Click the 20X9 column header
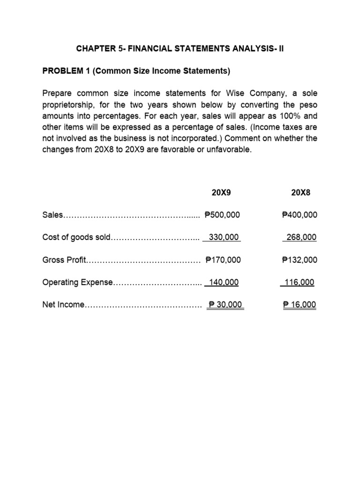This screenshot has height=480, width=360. pos(222,193)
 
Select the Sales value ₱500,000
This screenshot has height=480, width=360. pos(223,215)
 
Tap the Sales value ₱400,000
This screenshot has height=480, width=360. pos(300,215)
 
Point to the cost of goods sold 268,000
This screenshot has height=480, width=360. pos(301,238)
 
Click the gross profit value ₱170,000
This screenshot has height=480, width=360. pos(223,260)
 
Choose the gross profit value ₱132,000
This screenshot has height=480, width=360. pos(300,260)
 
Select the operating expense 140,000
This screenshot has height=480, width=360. pos(224,283)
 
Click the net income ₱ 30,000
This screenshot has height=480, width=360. pos(225,305)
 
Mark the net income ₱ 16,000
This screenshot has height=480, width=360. pos(300,305)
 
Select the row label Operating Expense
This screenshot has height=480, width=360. pos(77,283)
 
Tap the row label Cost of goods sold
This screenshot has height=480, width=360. pos(75,238)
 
